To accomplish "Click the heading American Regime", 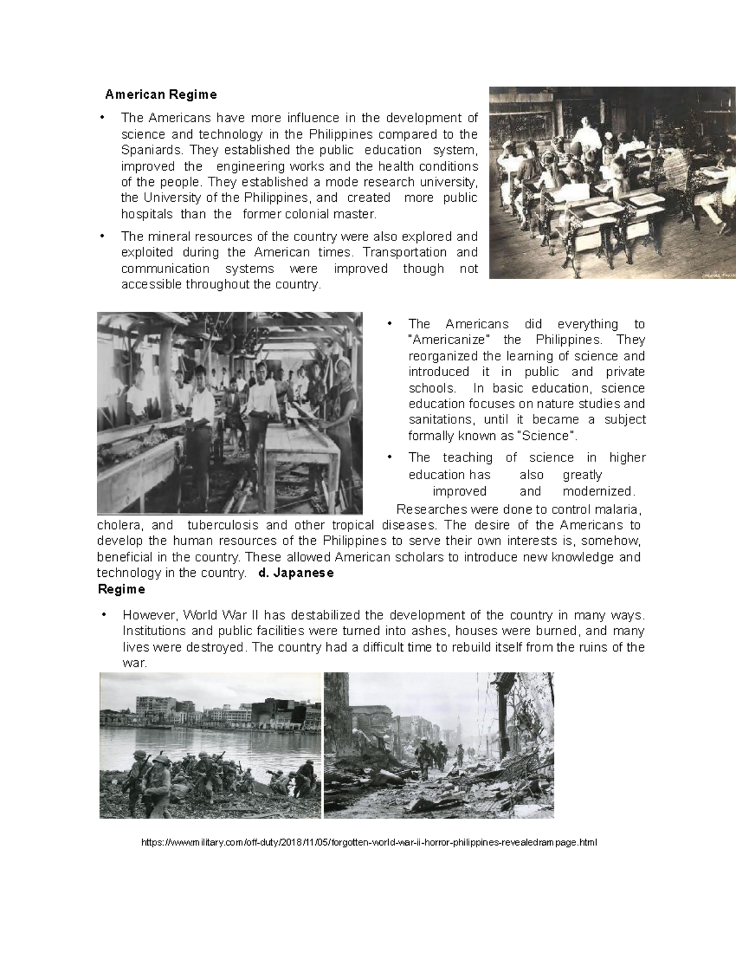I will [x=161, y=95].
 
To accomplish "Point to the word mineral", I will [x=170, y=236].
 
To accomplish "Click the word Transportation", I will [x=404, y=252].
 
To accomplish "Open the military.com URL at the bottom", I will [x=369, y=843].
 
